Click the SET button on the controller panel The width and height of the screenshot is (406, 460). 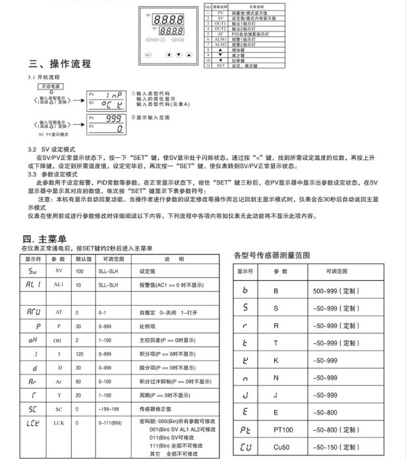[148, 54]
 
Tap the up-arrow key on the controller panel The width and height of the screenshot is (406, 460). [188, 54]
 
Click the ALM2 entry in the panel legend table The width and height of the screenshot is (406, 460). [221, 44]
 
